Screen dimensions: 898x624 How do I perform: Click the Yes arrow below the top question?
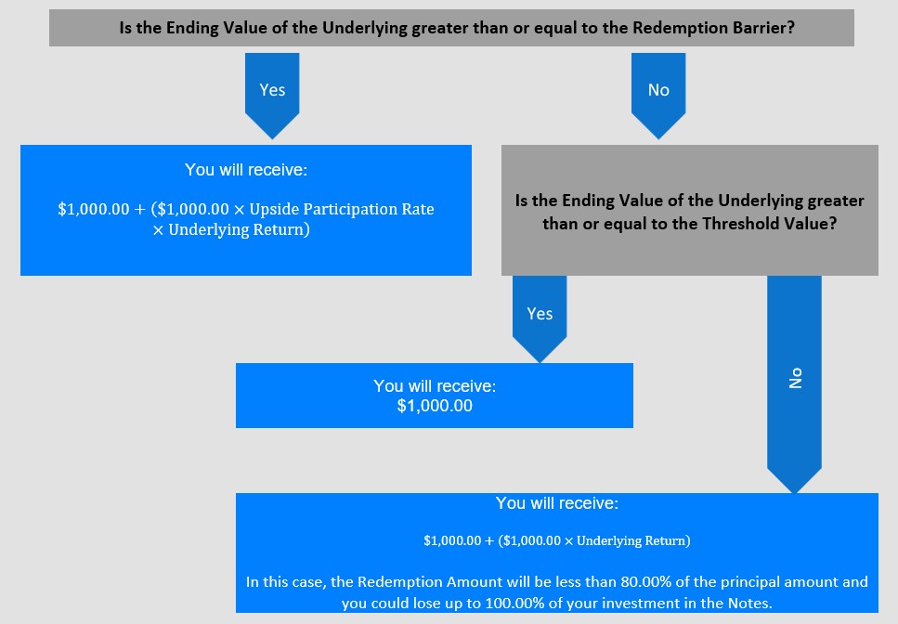[272, 96]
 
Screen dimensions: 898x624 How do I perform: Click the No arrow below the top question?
[658, 96]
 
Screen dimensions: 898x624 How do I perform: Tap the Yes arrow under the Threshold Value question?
[540, 318]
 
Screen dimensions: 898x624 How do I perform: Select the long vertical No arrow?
[794, 384]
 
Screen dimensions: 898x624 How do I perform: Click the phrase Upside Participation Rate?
[342, 210]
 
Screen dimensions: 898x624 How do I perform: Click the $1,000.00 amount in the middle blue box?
[435, 406]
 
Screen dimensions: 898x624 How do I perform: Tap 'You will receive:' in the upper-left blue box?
[246, 170]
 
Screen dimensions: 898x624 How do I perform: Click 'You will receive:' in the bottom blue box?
[556, 503]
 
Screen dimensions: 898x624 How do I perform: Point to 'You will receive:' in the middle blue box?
[435, 386]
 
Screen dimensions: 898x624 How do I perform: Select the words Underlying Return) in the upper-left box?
[239, 230]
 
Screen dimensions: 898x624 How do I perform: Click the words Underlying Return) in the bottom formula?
[633, 541]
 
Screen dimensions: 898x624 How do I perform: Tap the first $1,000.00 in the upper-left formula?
[94, 210]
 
